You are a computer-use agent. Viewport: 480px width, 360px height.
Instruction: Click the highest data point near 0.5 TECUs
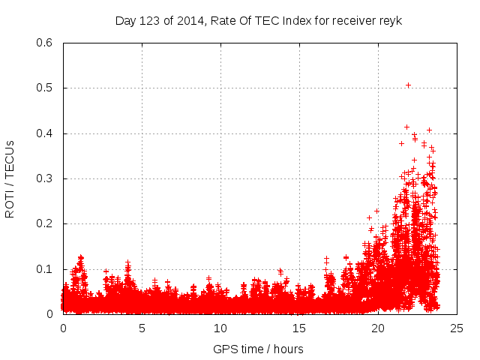point(408,85)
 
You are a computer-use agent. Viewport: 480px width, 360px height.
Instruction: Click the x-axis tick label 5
point(142,328)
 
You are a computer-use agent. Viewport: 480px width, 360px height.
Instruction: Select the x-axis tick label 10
point(220,328)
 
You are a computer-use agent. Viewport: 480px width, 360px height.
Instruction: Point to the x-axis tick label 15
point(299,328)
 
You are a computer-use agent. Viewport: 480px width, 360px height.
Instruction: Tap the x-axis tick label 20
point(378,328)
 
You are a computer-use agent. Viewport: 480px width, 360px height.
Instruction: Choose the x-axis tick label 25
point(457,328)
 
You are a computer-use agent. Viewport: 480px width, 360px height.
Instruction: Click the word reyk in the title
point(391,20)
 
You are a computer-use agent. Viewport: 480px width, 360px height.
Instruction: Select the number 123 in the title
point(150,20)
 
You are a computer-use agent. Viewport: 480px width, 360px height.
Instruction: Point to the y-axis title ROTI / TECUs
point(10,178)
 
